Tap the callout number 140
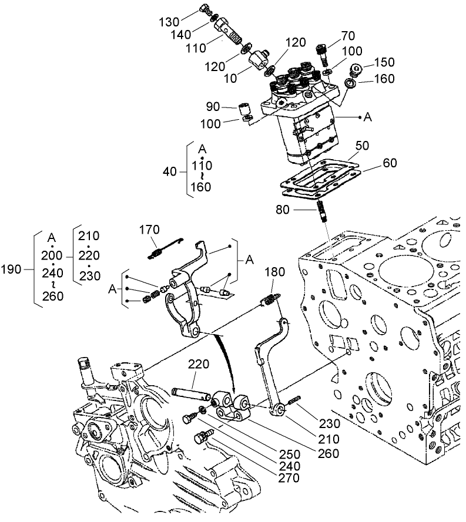tap(181, 35)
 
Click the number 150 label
tap(384, 62)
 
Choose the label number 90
tap(212, 107)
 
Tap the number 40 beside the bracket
tap(170, 171)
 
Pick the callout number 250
tap(289, 454)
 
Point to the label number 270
tap(289, 478)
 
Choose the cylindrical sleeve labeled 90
tap(245, 109)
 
